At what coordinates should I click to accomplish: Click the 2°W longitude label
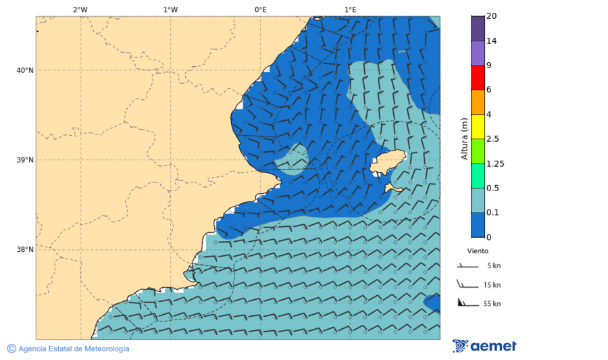(x=80, y=9)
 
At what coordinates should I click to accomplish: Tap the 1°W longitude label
(x=170, y=9)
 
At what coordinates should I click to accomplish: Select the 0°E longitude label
(x=260, y=9)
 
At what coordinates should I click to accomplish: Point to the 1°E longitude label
(x=350, y=9)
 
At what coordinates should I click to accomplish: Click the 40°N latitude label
(x=24, y=70)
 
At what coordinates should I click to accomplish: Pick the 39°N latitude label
(x=24, y=160)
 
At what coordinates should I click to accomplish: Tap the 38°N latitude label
(x=24, y=250)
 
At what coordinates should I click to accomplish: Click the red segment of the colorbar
(x=478, y=78)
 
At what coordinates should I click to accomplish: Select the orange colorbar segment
(x=478, y=102)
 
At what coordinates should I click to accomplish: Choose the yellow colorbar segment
(x=478, y=126)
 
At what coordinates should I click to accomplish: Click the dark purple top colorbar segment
(x=478, y=28)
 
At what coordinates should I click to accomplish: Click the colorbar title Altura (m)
(x=464, y=138)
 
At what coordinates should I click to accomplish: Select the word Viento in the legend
(x=478, y=251)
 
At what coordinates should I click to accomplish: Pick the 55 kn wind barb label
(x=492, y=304)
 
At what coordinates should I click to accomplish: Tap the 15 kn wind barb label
(x=492, y=285)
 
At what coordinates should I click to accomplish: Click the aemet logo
(x=484, y=346)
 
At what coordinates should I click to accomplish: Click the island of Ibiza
(x=387, y=163)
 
